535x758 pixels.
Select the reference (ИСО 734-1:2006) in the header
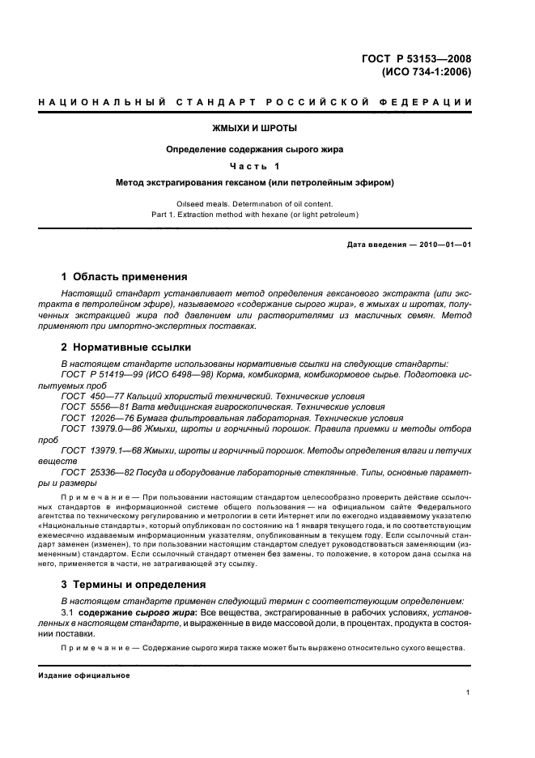point(424,71)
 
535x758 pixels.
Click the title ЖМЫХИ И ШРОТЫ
point(255,128)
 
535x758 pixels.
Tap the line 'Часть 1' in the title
point(255,166)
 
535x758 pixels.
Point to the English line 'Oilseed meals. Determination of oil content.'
point(255,203)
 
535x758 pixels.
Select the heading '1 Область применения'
point(125,276)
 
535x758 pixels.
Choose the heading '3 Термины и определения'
point(138,584)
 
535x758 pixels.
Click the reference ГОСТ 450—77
point(91,395)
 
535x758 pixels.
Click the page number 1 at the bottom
point(469,692)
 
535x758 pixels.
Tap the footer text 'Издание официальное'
point(84,675)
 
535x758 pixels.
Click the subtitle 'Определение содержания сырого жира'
point(255,149)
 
